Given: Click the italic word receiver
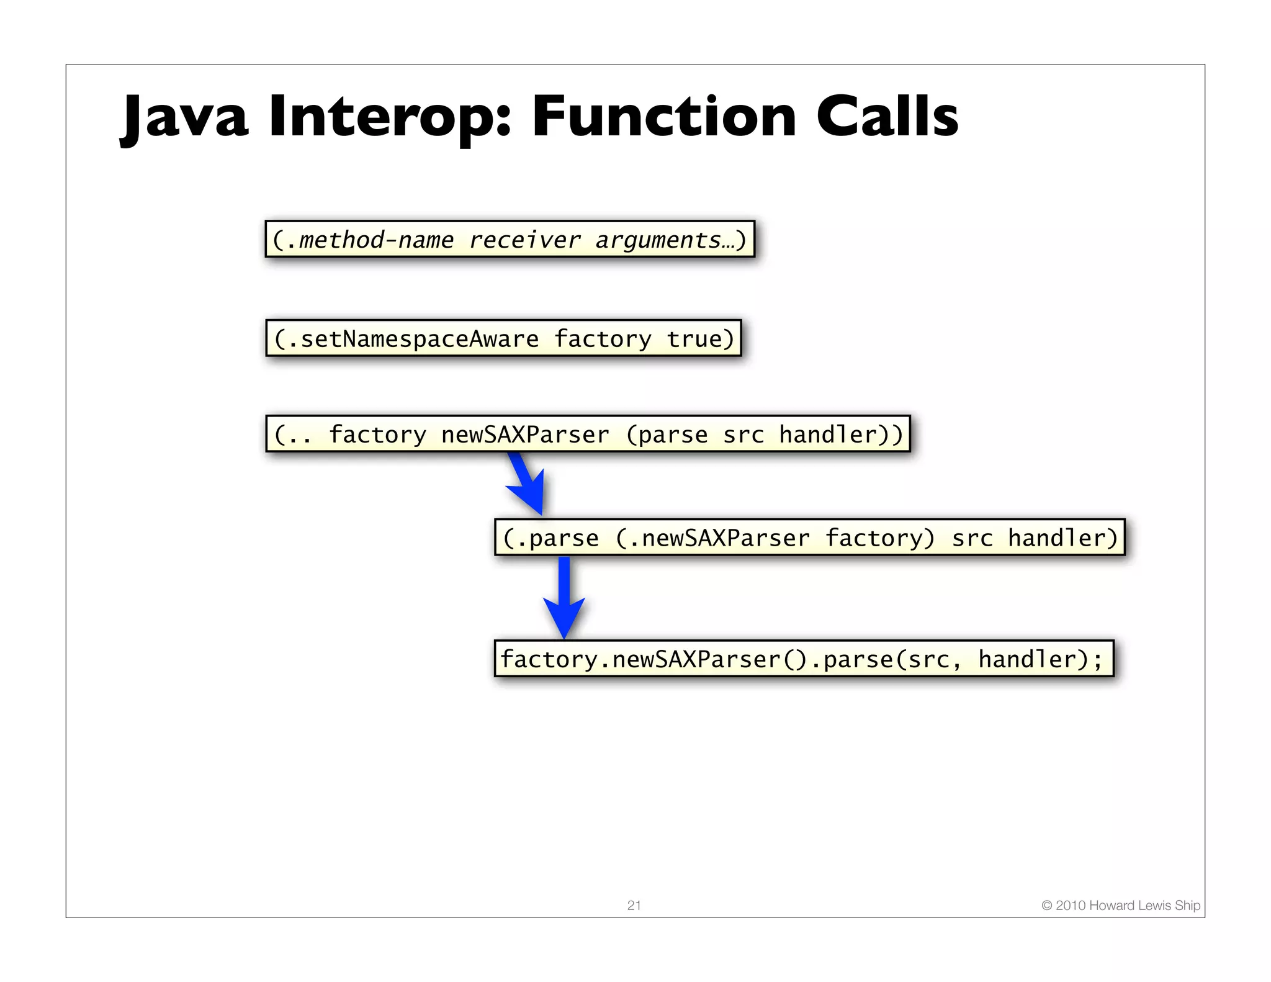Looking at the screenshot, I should point(524,240).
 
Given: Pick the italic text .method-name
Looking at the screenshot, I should point(370,240).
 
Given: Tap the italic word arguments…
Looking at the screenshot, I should point(665,240).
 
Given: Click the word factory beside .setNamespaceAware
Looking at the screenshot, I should point(602,339).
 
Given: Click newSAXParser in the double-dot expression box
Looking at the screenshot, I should point(525,435).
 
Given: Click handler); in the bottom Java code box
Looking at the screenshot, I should point(1040,659).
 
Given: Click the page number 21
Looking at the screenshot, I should point(634,905).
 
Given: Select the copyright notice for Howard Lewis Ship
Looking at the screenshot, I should point(1120,905).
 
